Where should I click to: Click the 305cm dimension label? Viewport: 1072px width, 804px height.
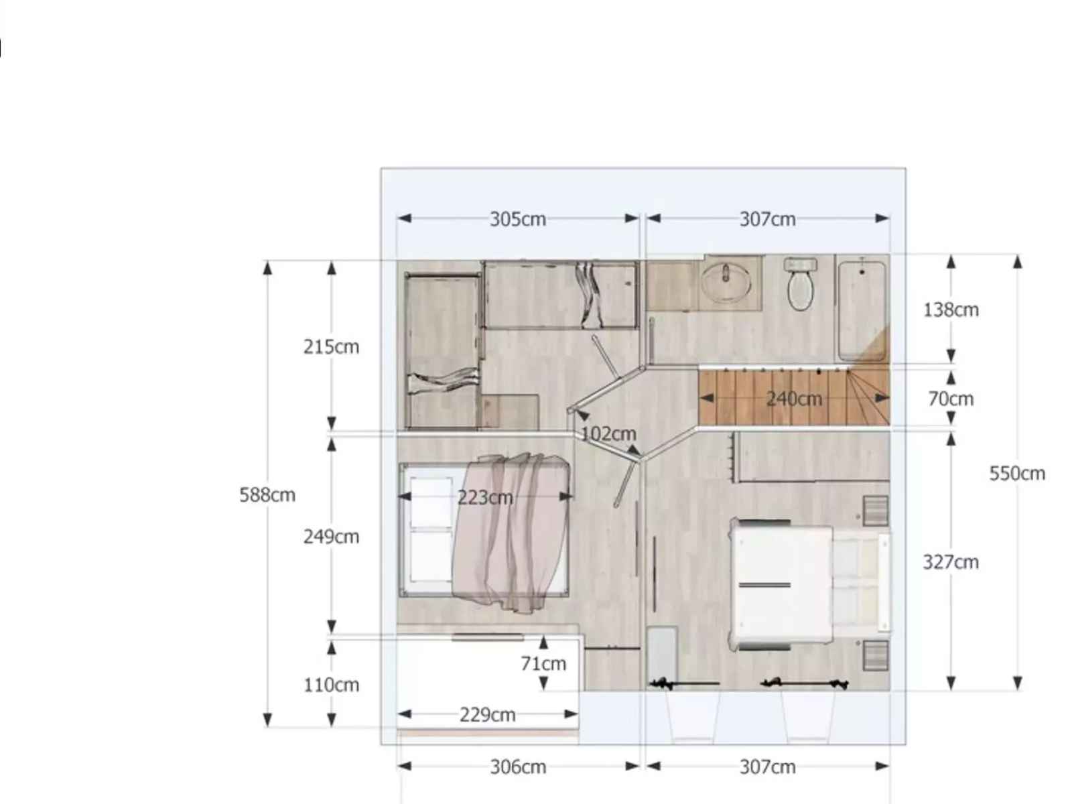[517, 219]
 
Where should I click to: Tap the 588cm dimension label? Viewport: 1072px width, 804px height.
[267, 494]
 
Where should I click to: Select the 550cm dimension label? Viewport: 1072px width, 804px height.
[1017, 473]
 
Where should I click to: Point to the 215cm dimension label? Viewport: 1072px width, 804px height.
[331, 346]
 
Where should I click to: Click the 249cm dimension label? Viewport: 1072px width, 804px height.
[331, 537]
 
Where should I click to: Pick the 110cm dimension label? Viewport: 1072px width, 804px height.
[331, 685]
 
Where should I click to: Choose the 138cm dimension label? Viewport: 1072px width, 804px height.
[951, 310]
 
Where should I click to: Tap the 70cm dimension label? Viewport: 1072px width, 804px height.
[951, 399]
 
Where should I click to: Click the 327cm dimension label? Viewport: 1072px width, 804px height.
[951, 562]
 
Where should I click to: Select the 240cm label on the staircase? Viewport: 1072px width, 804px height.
[794, 399]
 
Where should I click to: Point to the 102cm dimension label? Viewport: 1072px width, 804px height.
[608, 433]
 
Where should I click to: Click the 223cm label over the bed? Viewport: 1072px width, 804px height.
[485, 497]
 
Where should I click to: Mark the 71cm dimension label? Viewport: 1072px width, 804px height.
[543, 663]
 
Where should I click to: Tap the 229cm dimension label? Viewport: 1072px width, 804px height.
[487, 715]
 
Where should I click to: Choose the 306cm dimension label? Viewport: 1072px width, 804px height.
[518, 767]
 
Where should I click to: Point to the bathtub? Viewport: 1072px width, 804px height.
[862, 310]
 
